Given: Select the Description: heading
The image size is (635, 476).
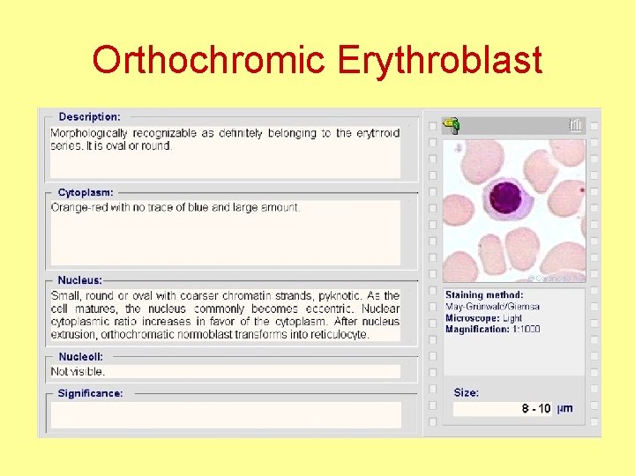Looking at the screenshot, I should click(x=89, y=116).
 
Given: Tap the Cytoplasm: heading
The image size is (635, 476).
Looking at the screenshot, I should click(x=86, y=192).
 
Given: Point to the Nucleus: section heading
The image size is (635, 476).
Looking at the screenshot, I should click(x=79, y=280).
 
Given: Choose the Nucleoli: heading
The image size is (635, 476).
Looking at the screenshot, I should click(x=80, y=357).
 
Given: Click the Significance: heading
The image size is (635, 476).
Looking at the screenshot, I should click(x=90, y=393).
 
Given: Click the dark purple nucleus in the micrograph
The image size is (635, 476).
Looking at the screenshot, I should click(x=507, y=197).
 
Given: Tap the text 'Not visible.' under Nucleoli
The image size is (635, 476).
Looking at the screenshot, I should click(x=78, y=371).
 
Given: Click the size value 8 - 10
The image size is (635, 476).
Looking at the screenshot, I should click(x=536, y=409).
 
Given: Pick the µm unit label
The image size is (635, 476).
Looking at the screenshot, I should click(x=564, y=409).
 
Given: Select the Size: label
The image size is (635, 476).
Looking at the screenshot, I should click(x=466, y=392).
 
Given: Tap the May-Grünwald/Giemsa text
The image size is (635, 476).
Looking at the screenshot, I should click(x=492, y=307).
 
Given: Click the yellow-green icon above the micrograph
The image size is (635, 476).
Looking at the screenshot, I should click(x=452, y=126).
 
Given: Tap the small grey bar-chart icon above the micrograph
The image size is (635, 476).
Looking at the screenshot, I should click(x=576, y=126).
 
